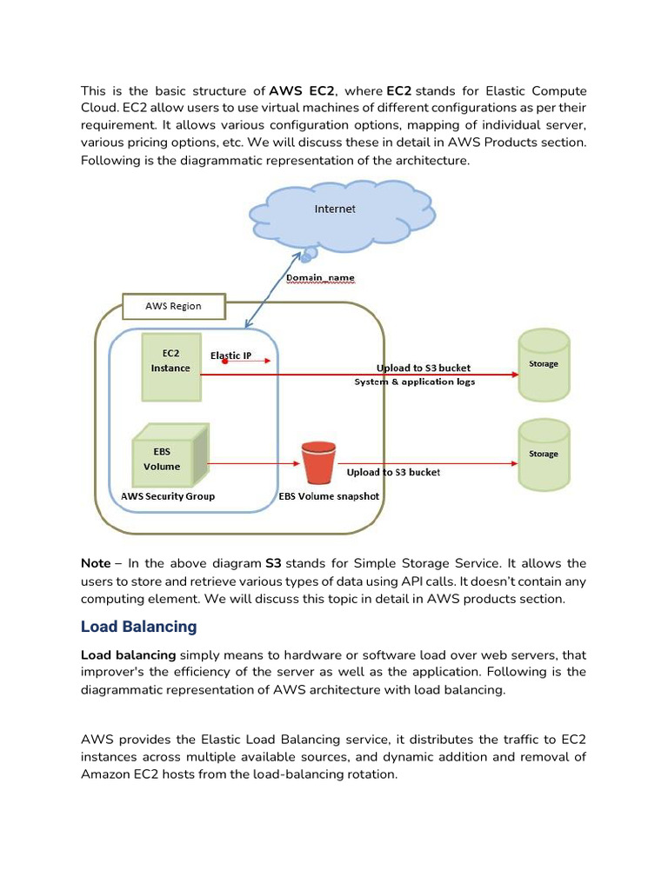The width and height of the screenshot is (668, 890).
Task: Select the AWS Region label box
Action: click(173, 306)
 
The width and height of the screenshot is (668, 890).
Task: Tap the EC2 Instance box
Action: click(170, 367)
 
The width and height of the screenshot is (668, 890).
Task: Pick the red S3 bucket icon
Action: click(317, 463)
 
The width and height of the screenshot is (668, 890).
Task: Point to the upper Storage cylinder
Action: click(544, 364)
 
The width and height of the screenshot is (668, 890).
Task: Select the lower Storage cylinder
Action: click(544, 454)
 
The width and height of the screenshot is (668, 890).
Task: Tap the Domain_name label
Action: click(320, 278)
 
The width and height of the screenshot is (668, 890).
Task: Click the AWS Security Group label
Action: click(168, 496)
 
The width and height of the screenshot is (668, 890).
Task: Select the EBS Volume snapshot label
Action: click(329, 496)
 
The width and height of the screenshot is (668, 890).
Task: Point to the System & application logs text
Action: click(414, 382)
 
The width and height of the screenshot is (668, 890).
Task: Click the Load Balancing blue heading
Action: click(139, 627)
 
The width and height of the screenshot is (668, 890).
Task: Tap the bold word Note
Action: click(96, 563)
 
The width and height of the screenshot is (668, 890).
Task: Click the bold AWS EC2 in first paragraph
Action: click(302, 90)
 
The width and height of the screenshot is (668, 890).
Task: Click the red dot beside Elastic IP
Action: click(225, 361)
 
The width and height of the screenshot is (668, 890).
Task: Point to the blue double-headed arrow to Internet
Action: click(274, 291)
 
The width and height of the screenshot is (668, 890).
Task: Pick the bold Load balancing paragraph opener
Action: click(128, 654)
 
